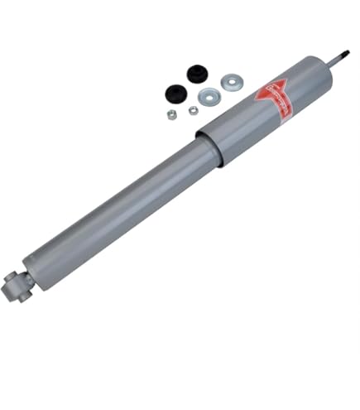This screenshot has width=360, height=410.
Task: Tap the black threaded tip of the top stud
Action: click(343, 55)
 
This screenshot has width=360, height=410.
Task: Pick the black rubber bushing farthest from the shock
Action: click(197, 74)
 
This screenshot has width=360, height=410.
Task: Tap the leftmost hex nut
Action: click(171, 114)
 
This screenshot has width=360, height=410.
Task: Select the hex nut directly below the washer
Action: click(193, 110)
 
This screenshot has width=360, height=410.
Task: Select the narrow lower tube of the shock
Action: click(116, 207)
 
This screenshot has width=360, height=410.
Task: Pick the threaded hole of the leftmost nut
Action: click(171, 114)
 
